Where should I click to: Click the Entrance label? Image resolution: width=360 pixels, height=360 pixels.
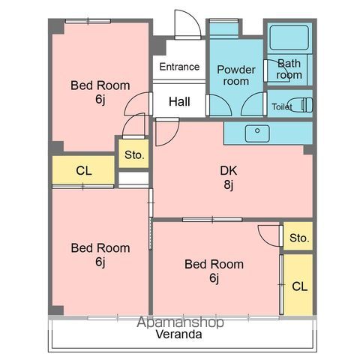tap(179, 67)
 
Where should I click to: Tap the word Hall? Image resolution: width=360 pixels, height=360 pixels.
tap(179, 102)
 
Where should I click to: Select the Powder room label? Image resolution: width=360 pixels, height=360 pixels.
tap(236, 75)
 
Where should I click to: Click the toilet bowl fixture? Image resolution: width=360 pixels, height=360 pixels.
tap(300, 105)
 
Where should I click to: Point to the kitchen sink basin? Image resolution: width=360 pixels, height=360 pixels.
tap(257, 133)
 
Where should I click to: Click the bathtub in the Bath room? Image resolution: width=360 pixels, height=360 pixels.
tap(289, 37)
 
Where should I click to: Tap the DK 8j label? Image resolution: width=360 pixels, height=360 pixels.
tap(229, 178)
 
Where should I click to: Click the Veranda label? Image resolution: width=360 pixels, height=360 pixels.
tap(179, 334)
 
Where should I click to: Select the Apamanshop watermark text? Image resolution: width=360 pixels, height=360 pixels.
tap(180, 322)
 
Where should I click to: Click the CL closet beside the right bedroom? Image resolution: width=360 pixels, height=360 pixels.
tap(298, 284)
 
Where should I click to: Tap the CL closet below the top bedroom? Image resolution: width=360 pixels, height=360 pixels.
tap(83, 170)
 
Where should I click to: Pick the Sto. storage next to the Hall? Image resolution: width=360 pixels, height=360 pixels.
tap(133, 154)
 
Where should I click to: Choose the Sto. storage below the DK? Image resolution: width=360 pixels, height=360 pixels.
tap(298, 236)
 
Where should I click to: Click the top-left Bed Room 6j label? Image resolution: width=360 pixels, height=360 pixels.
tap(100, 92)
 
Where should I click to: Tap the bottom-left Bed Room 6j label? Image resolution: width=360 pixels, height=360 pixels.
tap(100, 255)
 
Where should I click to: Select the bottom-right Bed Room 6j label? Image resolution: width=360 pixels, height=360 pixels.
tap(214, 271)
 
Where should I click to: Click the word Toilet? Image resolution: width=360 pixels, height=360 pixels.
tap(282, 107)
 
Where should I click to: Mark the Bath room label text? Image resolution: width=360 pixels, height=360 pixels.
tap(289, 69)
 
